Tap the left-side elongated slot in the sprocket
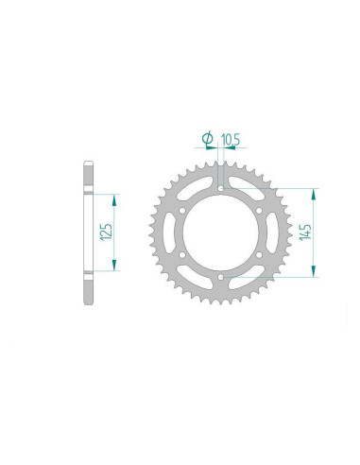[169, 232]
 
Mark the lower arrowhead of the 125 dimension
[114, 267]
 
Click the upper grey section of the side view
[88, 178]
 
